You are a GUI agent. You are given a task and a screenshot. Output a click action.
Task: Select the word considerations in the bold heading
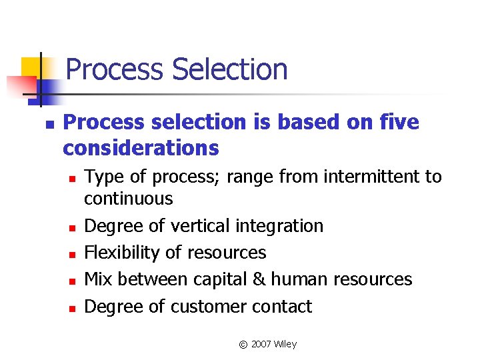click(x=141, y=147)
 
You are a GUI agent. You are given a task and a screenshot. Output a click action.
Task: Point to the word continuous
click(x=129, y=199)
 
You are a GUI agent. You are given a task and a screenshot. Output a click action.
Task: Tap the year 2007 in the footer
click(x=261, y=344)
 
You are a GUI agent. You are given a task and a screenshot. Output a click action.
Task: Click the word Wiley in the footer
click(x=286, y=344)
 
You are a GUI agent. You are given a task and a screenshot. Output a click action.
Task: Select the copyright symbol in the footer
click(x=243, y=345)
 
